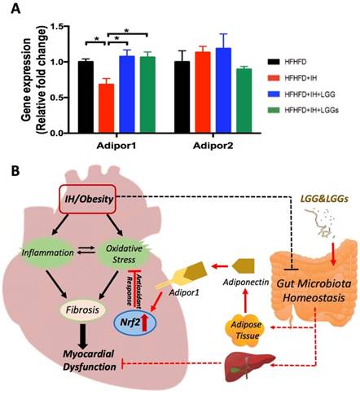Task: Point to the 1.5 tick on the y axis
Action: pyautogui.click(x=54, y=27)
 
